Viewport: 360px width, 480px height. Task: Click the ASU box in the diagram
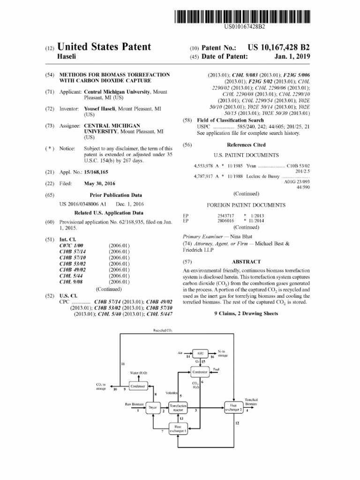click(200, 353)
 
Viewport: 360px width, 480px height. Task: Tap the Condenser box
click(138, 386)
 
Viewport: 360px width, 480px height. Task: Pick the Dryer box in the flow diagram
click(152, 407)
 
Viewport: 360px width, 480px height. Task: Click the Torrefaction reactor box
click(179, 407)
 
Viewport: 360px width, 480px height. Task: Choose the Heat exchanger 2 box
click(233, 407)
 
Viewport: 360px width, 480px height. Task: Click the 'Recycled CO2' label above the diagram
click(163, 330)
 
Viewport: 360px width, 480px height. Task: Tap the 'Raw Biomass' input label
click(134, 404)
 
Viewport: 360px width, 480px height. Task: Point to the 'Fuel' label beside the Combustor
click(216, 369)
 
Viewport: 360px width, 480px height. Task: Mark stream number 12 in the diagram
click(237, 424)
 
